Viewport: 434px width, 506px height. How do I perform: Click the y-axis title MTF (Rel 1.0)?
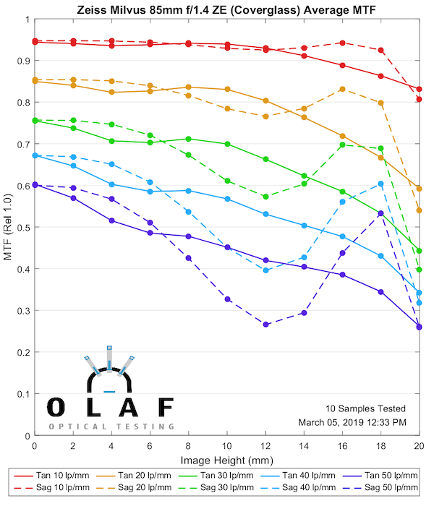coord(9,229)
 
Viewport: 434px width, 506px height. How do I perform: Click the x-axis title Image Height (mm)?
coord(226,460)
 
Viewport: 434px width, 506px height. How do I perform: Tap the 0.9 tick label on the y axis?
coord(22,61)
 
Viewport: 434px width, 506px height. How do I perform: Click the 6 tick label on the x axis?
coord(150,447)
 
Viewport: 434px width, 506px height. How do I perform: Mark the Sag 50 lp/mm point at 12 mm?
coord(265,325)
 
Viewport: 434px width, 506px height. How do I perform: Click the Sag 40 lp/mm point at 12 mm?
coord(265,270)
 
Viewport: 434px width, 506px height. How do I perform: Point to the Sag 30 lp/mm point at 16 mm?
coord(342,145)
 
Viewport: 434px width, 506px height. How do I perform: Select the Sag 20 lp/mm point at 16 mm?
coord(342,89)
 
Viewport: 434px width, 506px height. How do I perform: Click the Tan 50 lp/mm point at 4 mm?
coord(111,220)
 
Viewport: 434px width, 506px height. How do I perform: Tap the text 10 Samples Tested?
coord(365,409)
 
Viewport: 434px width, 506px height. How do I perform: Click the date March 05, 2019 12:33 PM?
coord(352,422)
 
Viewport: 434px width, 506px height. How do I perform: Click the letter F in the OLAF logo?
coord(165,408)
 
